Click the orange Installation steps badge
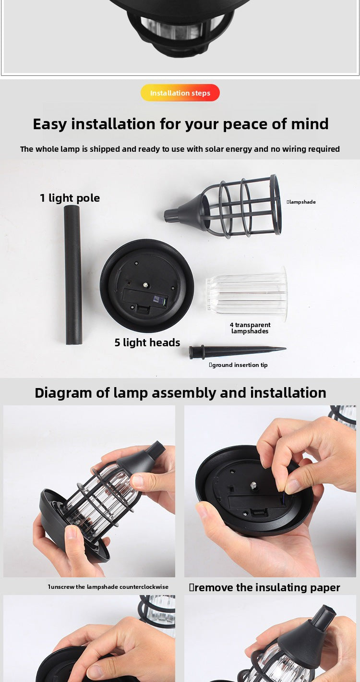coord(180,93)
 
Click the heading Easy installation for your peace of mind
coord(180,124)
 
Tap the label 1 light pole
coord(70,198)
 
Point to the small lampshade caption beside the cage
coord(301,202)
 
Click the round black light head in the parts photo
coord(147,285)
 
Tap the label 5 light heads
coord(147,342)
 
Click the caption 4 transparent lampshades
coord(250,328)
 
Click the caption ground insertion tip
coord(239,365)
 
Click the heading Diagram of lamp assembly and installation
coord(180,392)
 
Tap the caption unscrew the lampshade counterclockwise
coord(108,587)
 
